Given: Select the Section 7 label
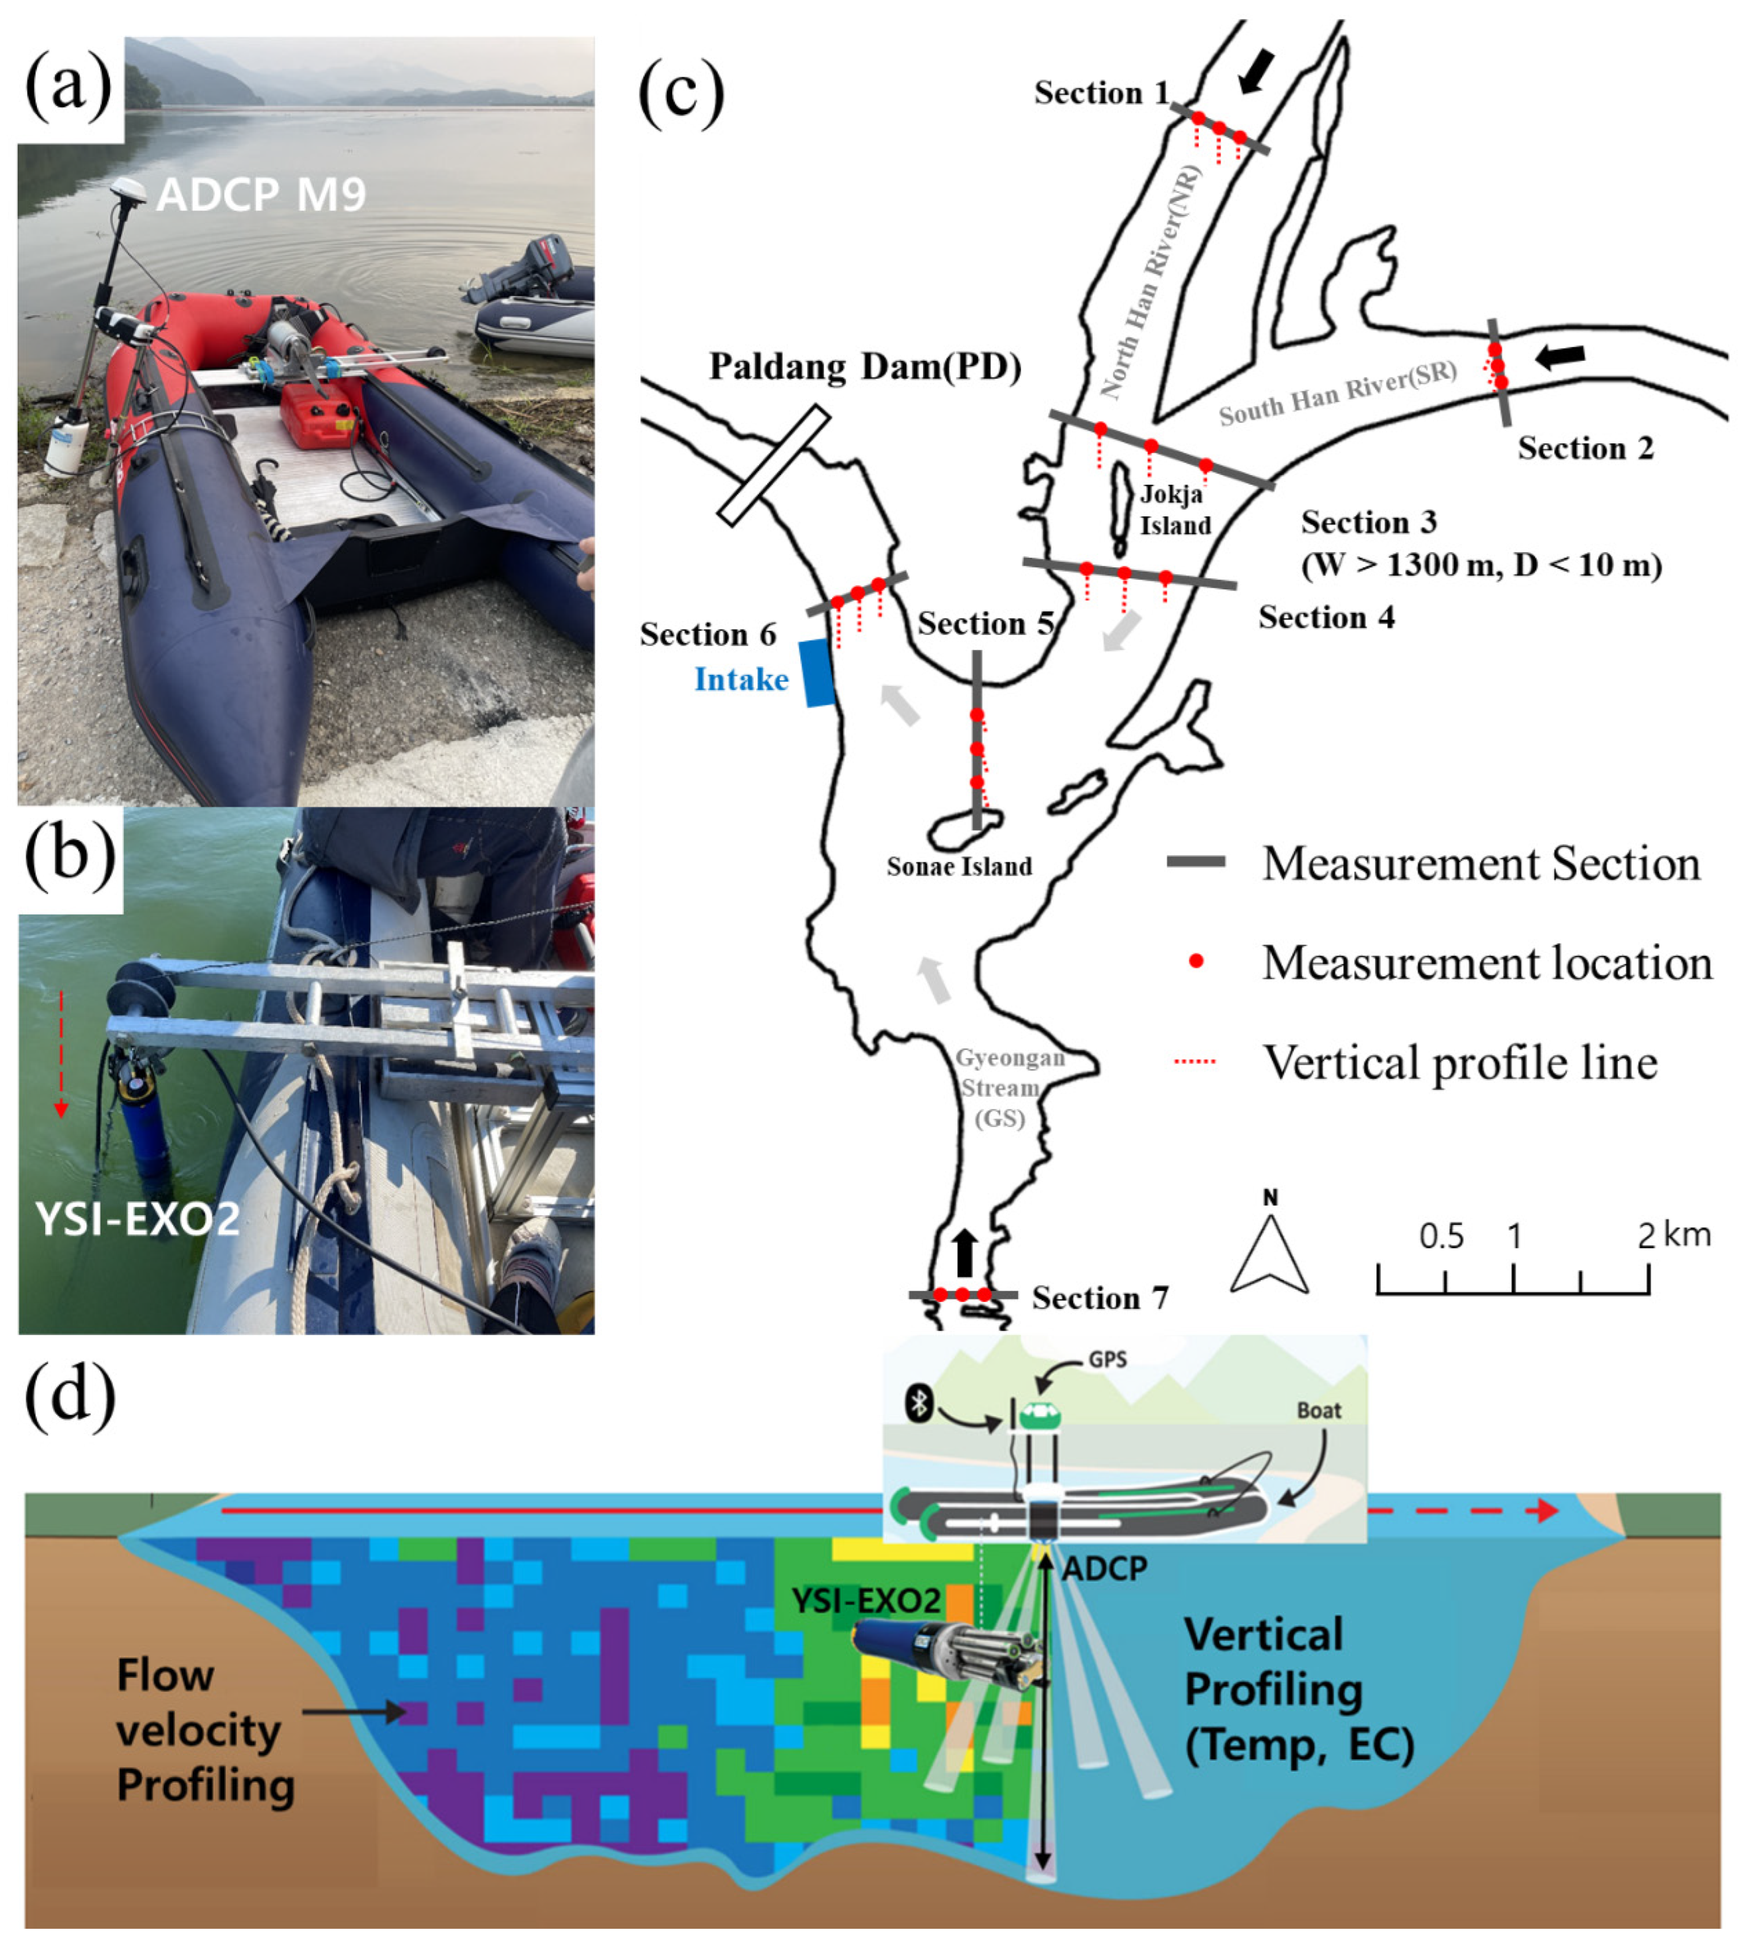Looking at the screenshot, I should point(1100,1298).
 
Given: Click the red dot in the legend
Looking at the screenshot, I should point(1196,962).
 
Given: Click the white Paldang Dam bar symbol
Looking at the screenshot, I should point(773,465).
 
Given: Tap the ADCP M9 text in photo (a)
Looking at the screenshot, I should point(261,195).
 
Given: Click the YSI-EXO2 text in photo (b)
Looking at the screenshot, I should point(137,1219).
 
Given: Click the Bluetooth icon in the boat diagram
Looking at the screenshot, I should point(919,1403).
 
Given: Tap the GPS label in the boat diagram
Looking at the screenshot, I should point(1108,1360).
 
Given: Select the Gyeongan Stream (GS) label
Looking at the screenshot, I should point(998,1087).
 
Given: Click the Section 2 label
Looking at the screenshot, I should point(1585,449).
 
